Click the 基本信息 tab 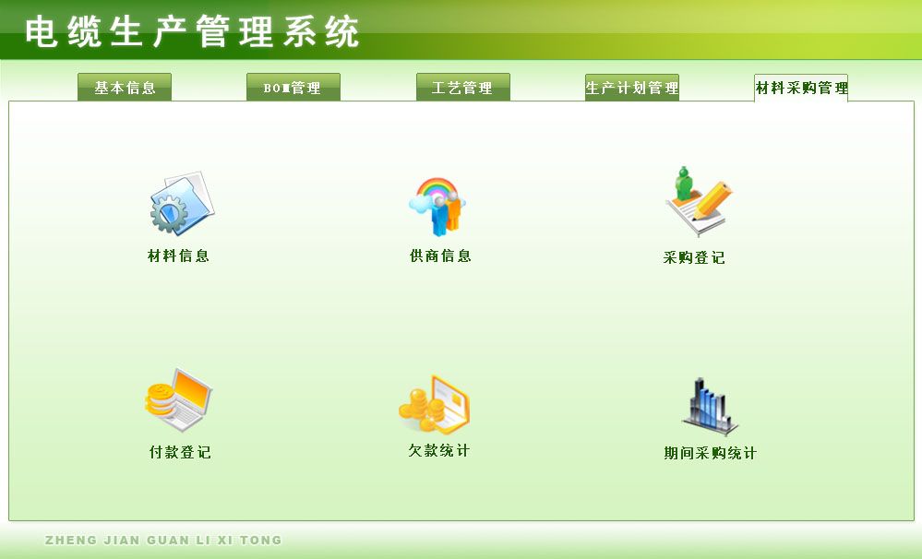(125, 87)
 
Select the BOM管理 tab (293, 87)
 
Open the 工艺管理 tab (462, 87)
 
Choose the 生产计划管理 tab (632, 88)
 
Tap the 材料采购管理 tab (801, 89)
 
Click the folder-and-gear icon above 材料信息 (182, 203)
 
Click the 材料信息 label (178, 256)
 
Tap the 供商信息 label (440, 256)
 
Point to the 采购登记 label (694, 257)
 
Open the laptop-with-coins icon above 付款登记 (179, 399)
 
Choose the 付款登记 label (180, 452)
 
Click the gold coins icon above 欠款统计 (434, 404)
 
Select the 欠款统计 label (439, 450)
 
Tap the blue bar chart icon (710, 406)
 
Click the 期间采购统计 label (711, 453)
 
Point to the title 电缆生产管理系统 (192, 30)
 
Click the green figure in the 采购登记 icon (683, 184)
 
